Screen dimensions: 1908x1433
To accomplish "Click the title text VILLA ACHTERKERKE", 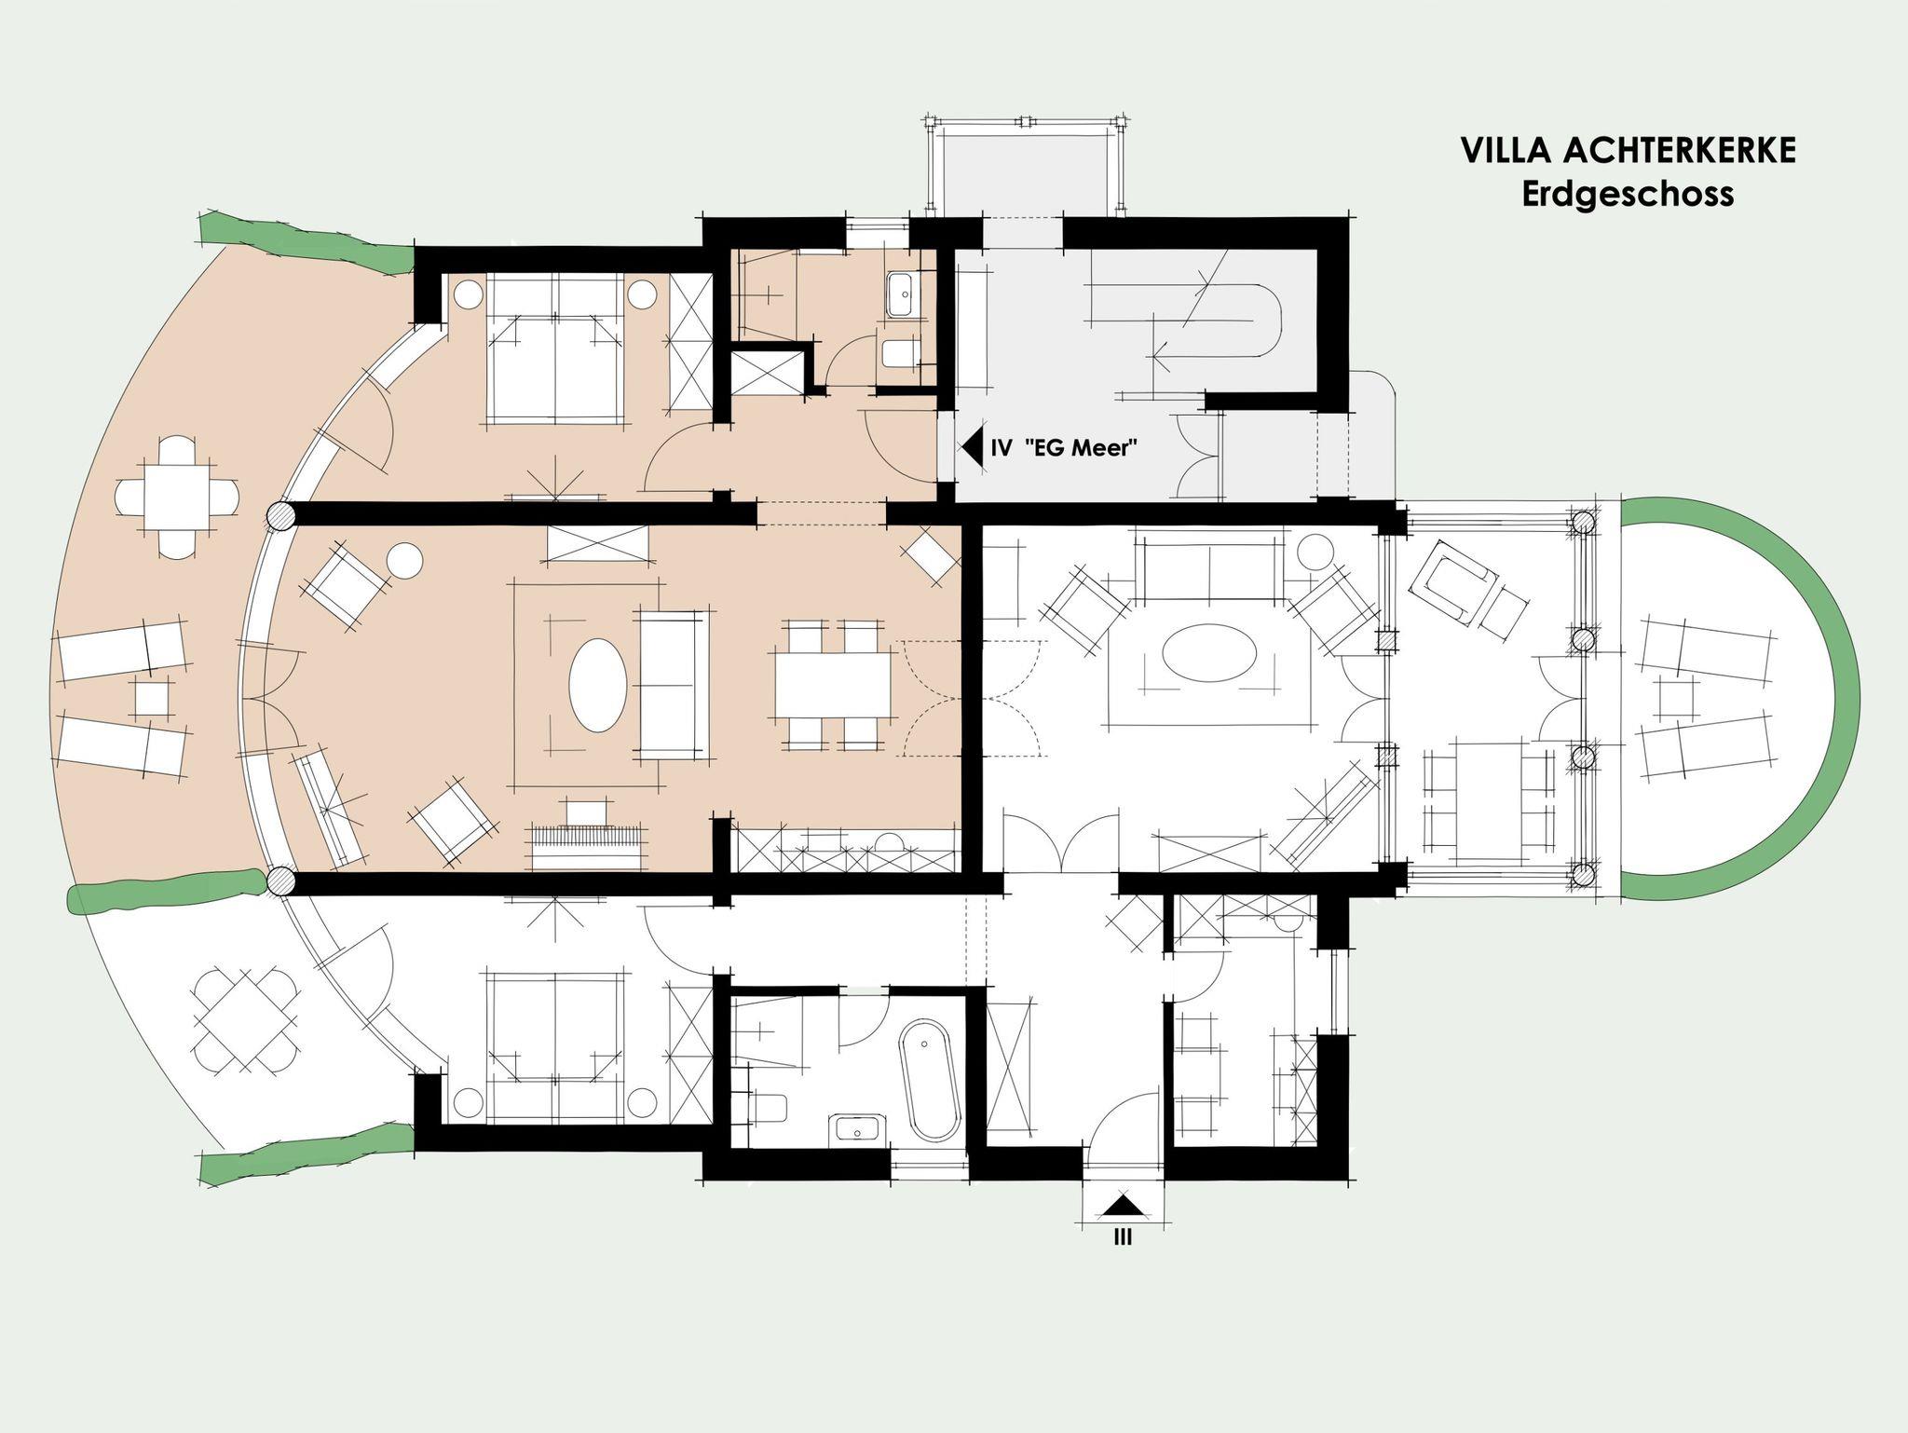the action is tap(1628, 150).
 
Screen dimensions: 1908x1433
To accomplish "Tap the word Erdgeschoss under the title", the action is tap(1628, 194).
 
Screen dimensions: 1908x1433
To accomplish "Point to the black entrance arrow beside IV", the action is tap(973, 447).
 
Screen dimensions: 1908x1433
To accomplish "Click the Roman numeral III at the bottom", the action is tap(1123, 1238).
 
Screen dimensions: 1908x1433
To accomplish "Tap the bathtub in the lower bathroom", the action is tap(930, 1081).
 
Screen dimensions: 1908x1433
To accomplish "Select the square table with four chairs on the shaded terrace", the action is tap(174, 497).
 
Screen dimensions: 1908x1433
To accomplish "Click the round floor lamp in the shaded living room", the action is tap(404, 561).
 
